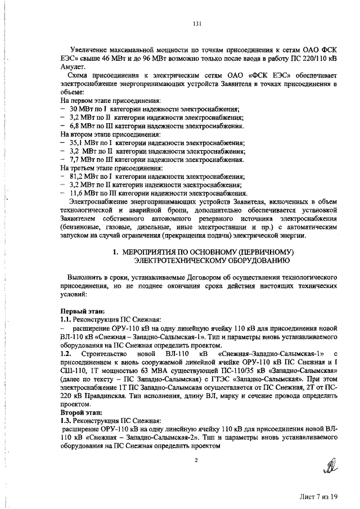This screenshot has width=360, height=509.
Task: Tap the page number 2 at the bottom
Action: click(x=196, y=460)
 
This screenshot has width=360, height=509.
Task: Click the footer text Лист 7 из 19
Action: click(x=318, y=497)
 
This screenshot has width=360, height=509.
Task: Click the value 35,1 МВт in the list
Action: click(x=84, y=143)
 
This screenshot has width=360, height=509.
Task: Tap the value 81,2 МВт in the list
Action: click(x=84, y=176)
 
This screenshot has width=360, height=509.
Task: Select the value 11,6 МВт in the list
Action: click(x=84, y=192)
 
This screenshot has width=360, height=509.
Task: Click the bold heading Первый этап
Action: click(x=80, y=310)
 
